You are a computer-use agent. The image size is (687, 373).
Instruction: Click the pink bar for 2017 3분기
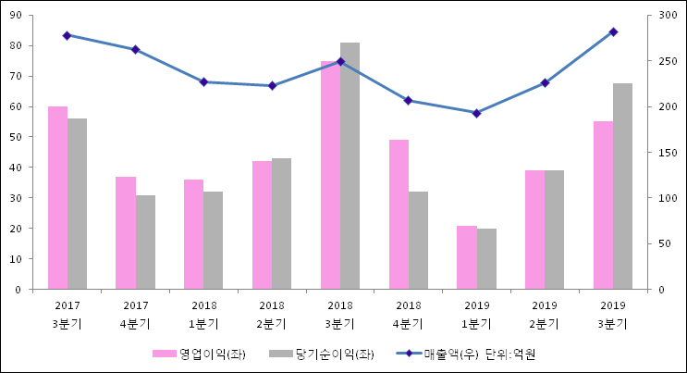coord(57,198)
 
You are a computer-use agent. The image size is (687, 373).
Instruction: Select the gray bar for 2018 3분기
coord(350,167)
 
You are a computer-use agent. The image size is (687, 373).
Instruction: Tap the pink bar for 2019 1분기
coord(467,257)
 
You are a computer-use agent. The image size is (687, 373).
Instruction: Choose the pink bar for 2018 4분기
coord(399,215)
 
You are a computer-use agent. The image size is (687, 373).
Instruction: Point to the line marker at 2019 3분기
coord(613,31)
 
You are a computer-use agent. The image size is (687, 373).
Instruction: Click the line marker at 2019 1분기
coord(476,113)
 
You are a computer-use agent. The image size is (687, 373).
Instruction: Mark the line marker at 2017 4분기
coord(135,50)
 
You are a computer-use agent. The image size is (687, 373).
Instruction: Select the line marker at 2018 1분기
coord(203,82)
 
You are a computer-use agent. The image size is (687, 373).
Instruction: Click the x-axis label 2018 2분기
coord(272,315)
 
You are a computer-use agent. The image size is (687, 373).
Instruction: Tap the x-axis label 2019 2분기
coord(544,315)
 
